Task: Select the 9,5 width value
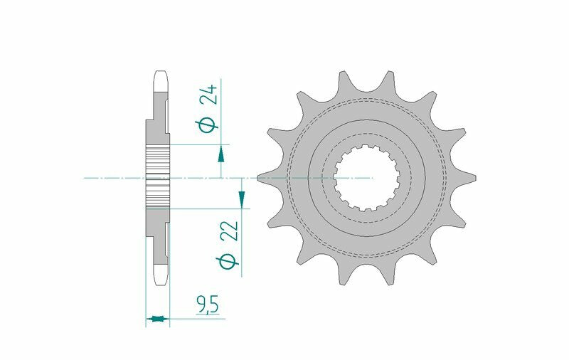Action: tap(207, 306)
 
